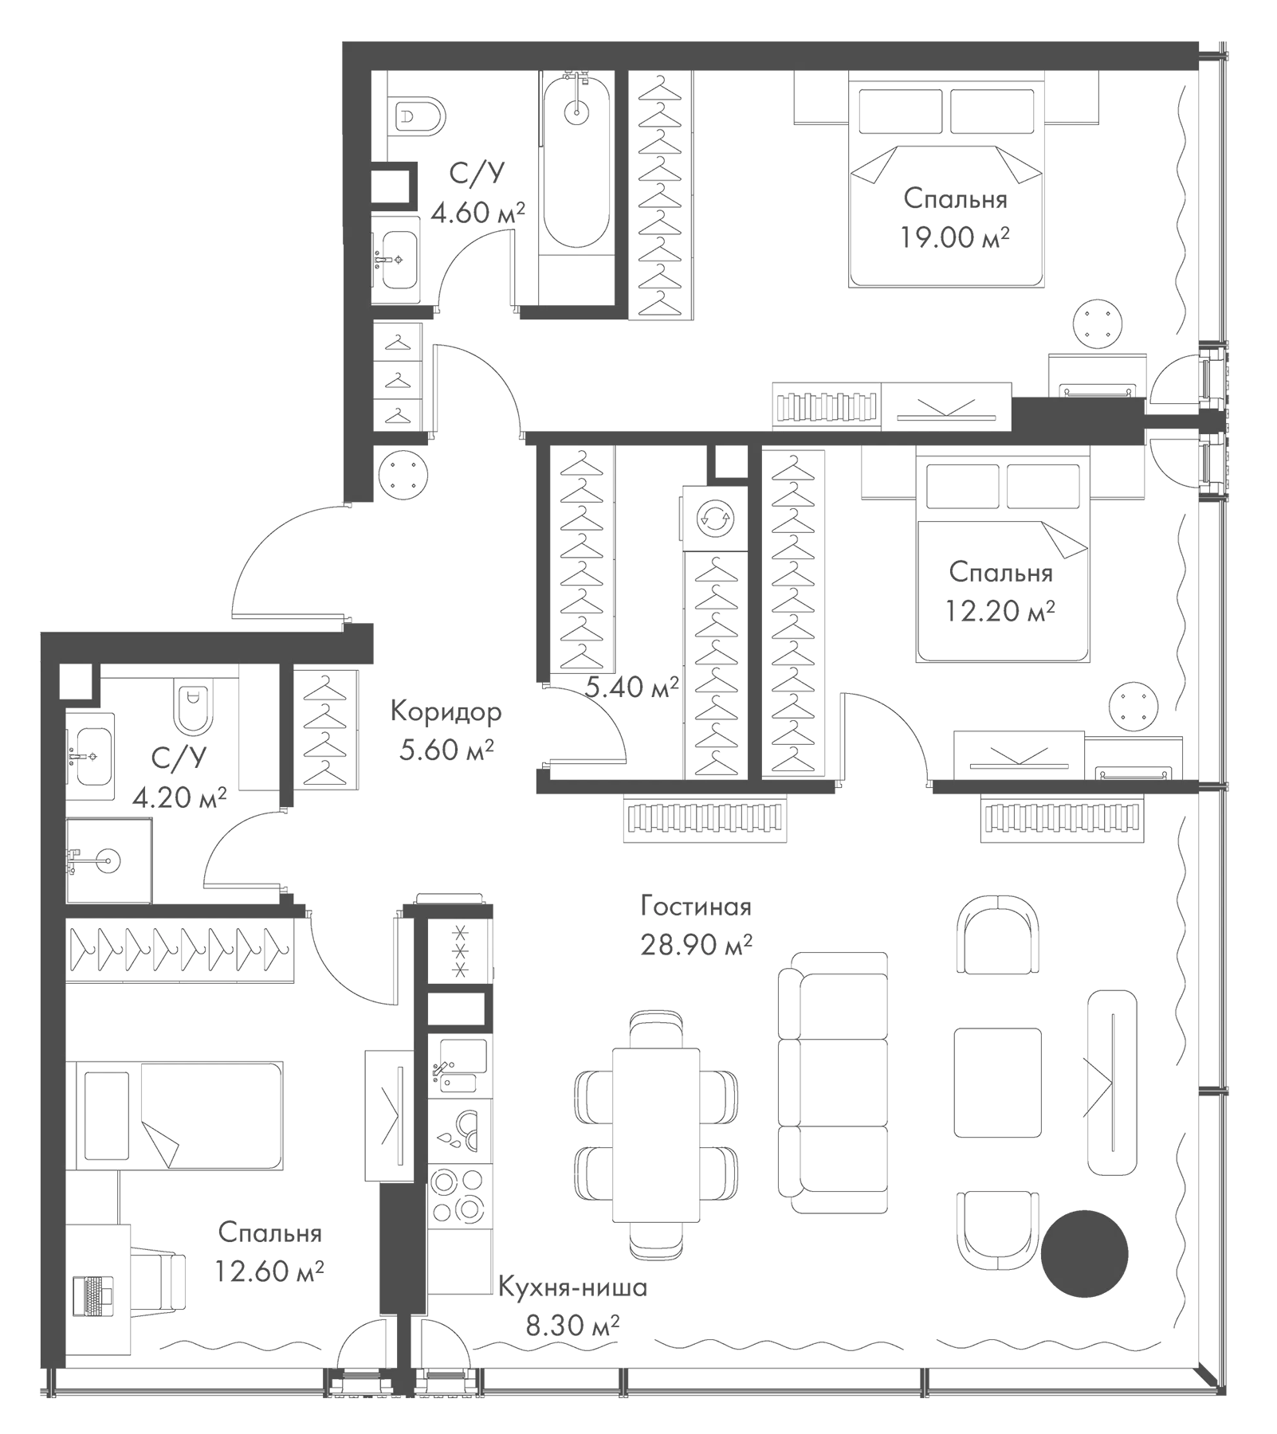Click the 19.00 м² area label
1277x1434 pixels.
[955, 237]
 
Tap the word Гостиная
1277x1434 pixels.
[695, 907]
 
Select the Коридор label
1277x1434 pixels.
[446, 711]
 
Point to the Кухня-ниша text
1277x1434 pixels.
[572, 1287]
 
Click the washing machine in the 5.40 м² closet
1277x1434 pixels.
[715, 519]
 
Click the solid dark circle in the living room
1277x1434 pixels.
[1084, 1252]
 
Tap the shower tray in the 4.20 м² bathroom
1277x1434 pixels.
[109, 860]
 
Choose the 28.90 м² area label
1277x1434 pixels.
[696, 945]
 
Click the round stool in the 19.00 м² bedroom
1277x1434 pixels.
[1100, 323]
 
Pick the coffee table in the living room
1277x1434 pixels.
[997, 1082]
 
